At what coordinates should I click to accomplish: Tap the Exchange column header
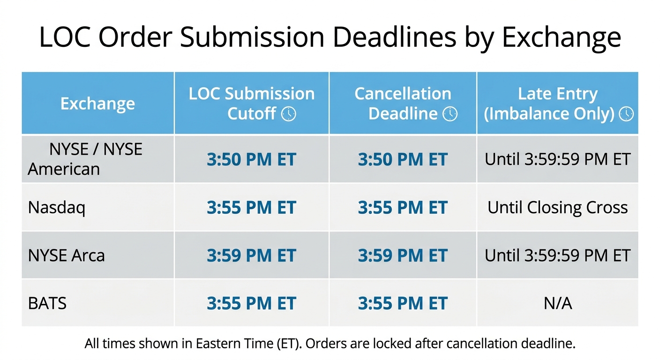pyautogui.click(x=97, y=104)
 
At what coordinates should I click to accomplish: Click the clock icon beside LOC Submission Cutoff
pyautogui.click(x=288, y=114)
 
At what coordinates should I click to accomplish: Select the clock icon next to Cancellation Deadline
pyautogui.click(x=450, y=114)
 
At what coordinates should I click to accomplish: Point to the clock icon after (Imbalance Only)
pyautogui.click(x=626, y=114)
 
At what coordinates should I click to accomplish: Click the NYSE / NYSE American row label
pyautogui.click(x=85, y=159)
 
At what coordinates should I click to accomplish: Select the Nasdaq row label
pyautogui.click(x=57, y=207)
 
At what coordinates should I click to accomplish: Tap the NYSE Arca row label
pyautogui.click(x=66, y=255)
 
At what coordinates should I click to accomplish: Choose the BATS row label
pyautogui.click(x=47, y=303)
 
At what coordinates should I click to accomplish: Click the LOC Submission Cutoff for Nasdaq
pyautogui.click(x=251, y=208)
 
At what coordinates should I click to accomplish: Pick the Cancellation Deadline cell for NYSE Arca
pyautogui.click(x=403, y=255)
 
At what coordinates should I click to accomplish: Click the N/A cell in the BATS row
pyautogui.click(x=558, y=303)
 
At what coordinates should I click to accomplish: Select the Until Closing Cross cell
pyautogui.click(x=558, y=207)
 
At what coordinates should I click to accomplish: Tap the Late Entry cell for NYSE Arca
pyautogui.click(x=558, y=255)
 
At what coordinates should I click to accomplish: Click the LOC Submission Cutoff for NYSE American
pyautogui.click(x=251, y=159)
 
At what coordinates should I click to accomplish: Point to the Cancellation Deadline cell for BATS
pyautogui.click(x=403, y=303)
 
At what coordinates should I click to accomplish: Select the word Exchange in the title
pyautogui.click(x=561, y=37)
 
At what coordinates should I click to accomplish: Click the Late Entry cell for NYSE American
pyautogui.click(x=558, y=159)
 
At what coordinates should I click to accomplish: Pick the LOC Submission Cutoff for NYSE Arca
pyautogui.click(x=251, y=255)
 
